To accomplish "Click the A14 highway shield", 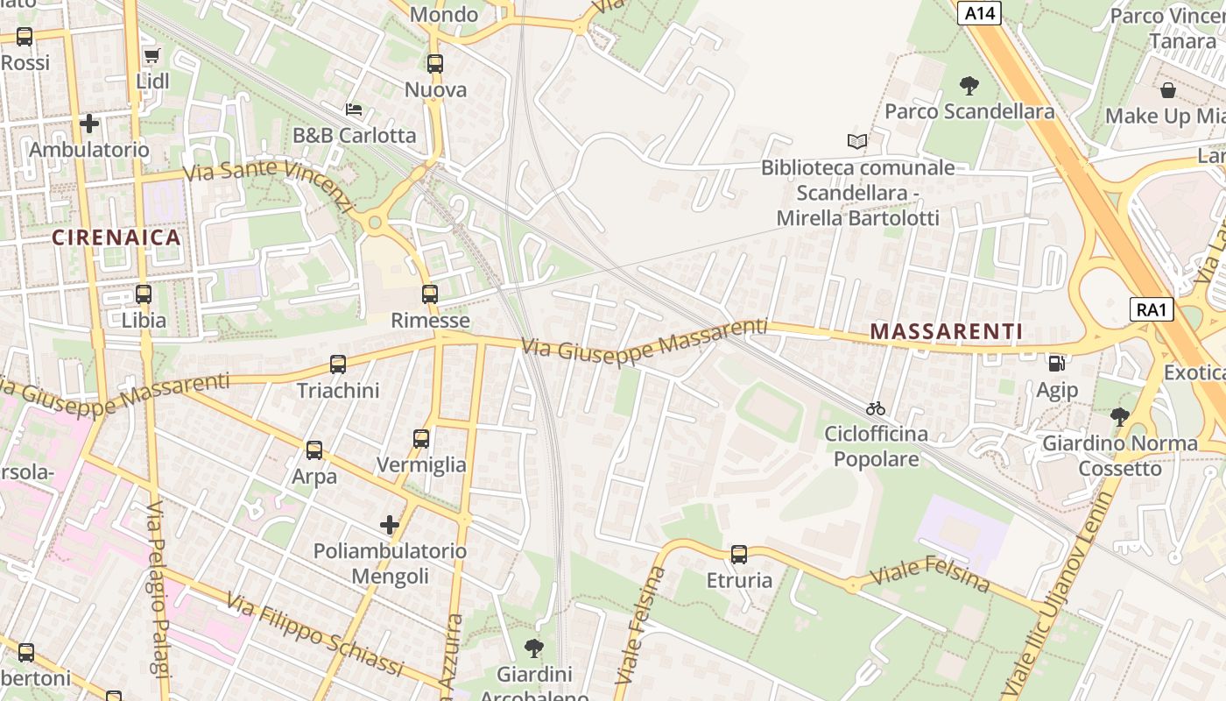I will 979,13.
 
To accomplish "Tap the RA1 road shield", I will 1152,309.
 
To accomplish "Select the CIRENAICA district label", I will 116,237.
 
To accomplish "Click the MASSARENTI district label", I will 947,331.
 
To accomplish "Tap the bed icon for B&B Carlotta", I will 354,110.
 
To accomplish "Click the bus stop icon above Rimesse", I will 429,294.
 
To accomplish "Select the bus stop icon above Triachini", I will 338,365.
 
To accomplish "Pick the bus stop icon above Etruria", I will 739,555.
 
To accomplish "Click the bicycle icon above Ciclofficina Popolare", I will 875,408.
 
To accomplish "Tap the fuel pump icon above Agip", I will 1057,363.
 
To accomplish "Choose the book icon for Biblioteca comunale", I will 857,141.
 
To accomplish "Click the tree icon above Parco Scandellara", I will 969,86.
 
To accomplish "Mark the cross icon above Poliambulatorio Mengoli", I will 390,525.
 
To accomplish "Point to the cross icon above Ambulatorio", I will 89,124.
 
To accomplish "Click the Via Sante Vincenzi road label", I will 267,182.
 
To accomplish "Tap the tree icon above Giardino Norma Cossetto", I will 1119,417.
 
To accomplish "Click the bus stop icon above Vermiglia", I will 421,439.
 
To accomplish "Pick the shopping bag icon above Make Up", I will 1168,90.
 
